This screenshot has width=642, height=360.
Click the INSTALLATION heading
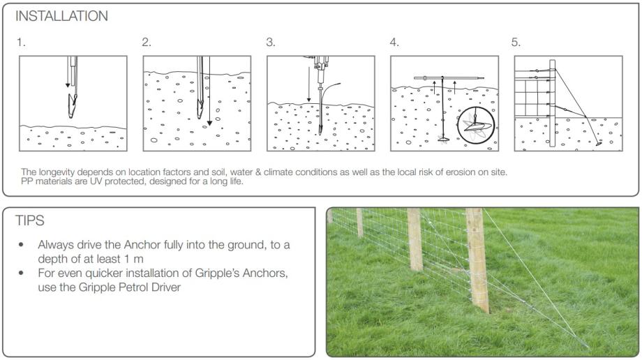pyautogui.click(x=62, y=16)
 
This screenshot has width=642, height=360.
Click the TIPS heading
pyautogui.click(x=29, y=220)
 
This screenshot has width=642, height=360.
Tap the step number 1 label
pyautogui.click(x=21, y=42)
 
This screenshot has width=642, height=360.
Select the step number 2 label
pyautogui.click(x=147, y=42)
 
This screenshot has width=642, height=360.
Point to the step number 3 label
pyautogui.click(x=271, y=42)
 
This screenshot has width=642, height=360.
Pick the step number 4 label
pyautogui.click(x=394, y=42)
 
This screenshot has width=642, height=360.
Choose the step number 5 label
pyautogui.click(x=516, y=42)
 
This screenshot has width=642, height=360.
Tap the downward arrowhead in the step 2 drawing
pyautogui.click(x=209, y=123)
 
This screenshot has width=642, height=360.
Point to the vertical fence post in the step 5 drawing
pyautogui.click(x=553, y=103)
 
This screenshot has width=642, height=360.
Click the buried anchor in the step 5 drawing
pyautogui.click(x=599, y=144)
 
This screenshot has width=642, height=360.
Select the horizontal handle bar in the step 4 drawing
pyautogui.click(x=449, y=78)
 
